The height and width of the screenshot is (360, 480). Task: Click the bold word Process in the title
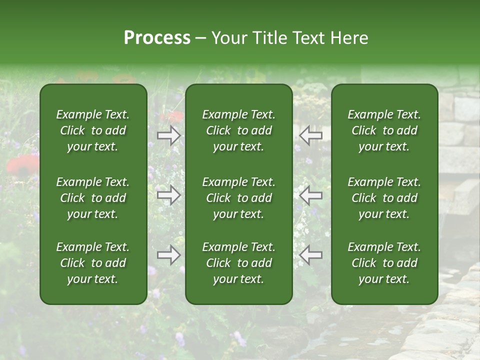[157, 38]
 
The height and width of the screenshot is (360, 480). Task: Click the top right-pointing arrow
[169, 135]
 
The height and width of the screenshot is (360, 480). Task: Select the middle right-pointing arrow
[169, 195]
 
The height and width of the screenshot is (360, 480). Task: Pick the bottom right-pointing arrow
[169, 255]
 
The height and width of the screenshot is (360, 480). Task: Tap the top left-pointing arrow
[311, 135]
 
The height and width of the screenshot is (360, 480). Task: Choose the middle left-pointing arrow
[311, 195]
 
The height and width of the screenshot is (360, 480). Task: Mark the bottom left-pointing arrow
[311, 255]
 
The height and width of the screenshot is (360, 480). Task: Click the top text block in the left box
[93, 130]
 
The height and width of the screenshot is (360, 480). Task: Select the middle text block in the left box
[93, 198]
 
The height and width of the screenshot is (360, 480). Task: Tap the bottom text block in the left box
[93, 263]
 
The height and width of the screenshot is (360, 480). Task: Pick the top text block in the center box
[239, 130]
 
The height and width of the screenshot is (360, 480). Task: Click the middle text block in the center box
[239, 198]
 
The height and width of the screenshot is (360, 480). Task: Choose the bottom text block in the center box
[239, 263]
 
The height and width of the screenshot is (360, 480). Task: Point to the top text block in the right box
[384, 130]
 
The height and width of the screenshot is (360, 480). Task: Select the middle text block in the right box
[384, 198]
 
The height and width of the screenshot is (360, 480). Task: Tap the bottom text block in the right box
[384, 263]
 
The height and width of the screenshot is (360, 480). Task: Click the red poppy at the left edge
[22, 165]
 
